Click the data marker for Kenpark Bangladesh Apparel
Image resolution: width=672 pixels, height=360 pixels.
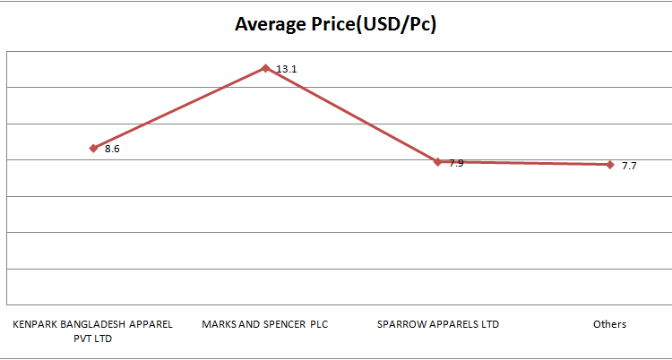(93, 148)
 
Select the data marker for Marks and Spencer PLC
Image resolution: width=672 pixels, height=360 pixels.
(265, 67)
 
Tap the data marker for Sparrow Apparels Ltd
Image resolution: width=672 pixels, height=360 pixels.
(438, 162)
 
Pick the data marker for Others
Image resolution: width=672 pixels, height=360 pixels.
(610, 165)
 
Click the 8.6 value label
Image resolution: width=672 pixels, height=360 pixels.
(112, 150)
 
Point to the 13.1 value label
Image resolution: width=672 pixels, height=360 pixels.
(286, 69)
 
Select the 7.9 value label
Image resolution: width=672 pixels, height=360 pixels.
(456, 163)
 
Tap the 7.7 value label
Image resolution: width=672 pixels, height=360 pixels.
(629, 167)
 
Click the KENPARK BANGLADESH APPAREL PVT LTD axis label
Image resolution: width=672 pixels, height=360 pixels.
(92, 330)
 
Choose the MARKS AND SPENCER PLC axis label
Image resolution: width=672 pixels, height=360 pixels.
(265, 324)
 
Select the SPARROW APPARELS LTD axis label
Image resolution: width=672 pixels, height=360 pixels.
(438, 324)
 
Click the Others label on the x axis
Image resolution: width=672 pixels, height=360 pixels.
(609, 324)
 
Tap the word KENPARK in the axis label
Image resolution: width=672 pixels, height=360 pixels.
(33, 324)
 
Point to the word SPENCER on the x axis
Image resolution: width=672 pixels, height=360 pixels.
(285, 324)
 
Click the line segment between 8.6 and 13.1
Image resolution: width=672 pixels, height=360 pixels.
(179, 107)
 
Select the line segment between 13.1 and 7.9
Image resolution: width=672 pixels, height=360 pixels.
(351, 115)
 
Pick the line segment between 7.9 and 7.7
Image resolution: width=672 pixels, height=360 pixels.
(524, 163)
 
